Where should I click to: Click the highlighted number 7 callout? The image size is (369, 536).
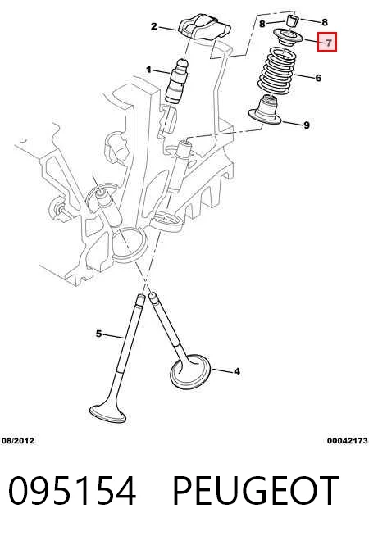click(327, 42)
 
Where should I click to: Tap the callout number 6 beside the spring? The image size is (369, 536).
click(318, 78)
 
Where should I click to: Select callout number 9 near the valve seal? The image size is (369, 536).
click(307, 125)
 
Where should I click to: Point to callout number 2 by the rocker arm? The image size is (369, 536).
click(154, 26)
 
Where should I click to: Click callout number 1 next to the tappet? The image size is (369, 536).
click(148, 70)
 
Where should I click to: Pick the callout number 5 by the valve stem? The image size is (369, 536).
click(98, 334)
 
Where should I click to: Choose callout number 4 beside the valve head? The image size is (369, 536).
click(237, 371)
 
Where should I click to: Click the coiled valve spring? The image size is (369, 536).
click(276, 70)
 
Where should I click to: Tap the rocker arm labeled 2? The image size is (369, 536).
click(204, 29)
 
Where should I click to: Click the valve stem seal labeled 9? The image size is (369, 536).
click(264, 110)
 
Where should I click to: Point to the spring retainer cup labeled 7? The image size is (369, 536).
click(288, 37)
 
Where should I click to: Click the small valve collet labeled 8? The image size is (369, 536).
click(292, 20)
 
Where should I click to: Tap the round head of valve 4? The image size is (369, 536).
click(190, 371)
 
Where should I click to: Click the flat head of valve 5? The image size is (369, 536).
click(108, 414)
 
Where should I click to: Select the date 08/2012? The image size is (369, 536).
click(18, 441)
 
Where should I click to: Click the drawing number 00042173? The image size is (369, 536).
click(348, 441)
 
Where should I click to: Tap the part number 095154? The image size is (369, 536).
click(72, 491)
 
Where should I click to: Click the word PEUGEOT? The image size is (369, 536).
click(256, 491)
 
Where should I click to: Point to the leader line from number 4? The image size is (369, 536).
click(221, 370)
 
